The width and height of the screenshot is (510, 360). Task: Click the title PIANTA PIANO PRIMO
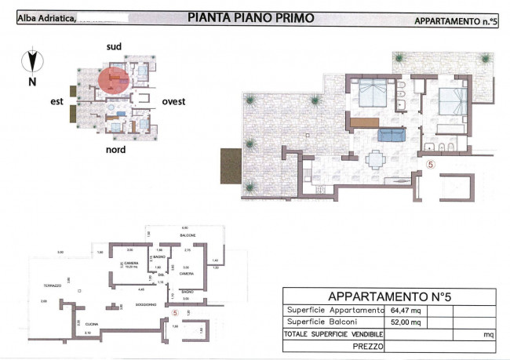pyautogui.click(x=252, y=17)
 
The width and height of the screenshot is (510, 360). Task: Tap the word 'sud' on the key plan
pyautogui.click(x=115, y=48)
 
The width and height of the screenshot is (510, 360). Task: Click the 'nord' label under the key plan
pyautogui.click(x=116, y=149)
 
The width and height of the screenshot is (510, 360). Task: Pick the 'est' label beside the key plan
pyautogui.click(x=56, y=101)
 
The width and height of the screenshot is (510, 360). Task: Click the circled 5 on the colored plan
pyautogui.click(x=430, y=165)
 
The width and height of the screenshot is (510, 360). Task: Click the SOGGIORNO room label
pyautogui.click(x=145, y=304)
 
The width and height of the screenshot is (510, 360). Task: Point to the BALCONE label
pyautogui.click(x=186, y=235)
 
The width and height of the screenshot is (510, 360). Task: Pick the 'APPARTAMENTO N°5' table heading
pyautogui.click(x=389, y=296)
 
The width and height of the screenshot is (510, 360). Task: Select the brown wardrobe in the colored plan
pyautogui.click(x=364, y=122)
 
